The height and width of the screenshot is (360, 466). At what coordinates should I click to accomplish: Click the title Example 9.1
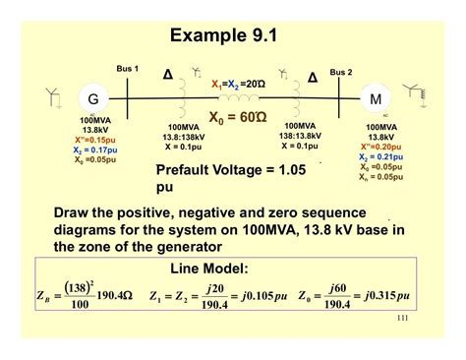233,36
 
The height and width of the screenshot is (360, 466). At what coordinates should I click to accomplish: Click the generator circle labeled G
93,99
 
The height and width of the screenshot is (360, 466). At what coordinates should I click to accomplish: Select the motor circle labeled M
375,99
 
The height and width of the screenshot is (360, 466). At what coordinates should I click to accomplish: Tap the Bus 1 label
128,69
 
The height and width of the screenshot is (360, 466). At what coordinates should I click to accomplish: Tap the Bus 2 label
340,72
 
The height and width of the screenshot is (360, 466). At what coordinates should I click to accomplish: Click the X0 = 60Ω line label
237,116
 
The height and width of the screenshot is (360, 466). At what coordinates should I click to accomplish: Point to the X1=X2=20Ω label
237,86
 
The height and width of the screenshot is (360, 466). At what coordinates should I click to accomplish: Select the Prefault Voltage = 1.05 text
231,170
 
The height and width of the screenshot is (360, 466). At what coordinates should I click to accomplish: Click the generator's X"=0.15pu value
94,139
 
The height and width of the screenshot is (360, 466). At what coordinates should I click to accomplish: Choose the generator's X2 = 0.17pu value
94,150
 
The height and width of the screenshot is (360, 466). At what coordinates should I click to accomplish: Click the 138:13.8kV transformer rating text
300,136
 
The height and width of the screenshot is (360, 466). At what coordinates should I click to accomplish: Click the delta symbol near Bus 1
167,75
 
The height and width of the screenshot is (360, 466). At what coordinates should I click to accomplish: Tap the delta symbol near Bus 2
313,78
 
